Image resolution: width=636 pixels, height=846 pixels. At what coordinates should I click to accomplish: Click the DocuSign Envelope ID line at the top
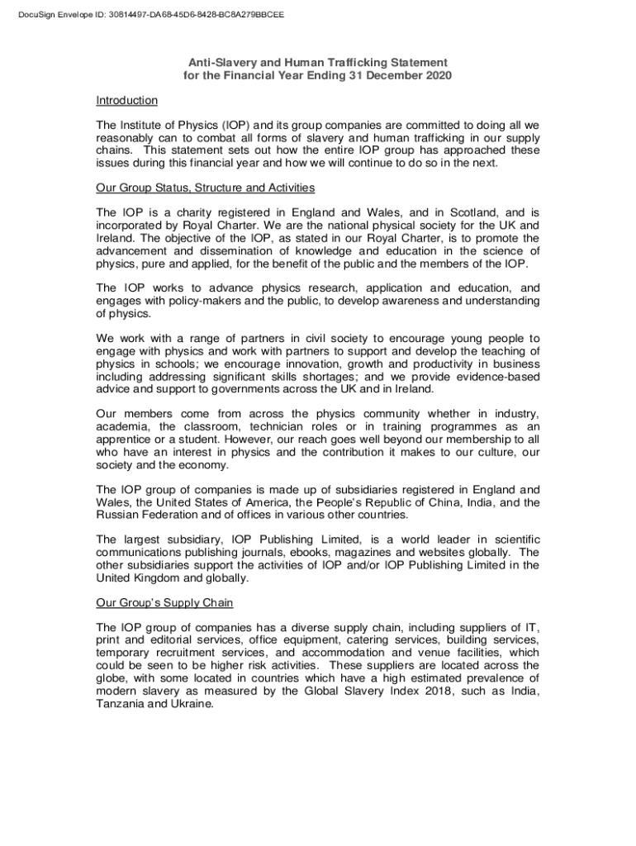tap(145, 14)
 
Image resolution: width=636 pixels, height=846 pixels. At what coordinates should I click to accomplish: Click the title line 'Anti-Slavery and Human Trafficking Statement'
tap(317, 63)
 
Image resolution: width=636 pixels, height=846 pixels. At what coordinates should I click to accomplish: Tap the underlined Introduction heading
tap(126, 101)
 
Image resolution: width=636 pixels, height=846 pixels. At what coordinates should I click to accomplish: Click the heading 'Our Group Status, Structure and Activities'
tap(205, 188)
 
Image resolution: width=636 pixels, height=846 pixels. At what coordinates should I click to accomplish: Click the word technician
tap(259, 426)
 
